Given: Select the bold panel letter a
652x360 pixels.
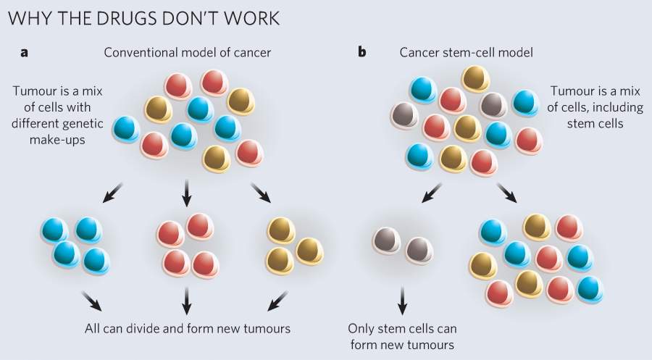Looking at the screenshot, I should coord(25,52).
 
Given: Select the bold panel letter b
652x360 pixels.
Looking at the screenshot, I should coord(361,52).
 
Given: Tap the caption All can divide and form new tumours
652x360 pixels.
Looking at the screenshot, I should coord(187,328).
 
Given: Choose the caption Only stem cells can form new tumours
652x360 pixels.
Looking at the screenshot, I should coord(402,336).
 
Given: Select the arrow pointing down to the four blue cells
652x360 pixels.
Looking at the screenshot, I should coord(113,193).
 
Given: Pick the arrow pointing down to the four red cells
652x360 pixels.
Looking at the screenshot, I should coord(186,192).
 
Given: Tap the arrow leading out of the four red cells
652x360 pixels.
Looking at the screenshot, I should coord(187,299).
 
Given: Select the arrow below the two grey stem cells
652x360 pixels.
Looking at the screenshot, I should coord(403,299).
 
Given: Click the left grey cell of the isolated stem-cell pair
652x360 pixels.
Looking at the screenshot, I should coord(385,243).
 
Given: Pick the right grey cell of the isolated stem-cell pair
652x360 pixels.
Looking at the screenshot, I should coord(419,249).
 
